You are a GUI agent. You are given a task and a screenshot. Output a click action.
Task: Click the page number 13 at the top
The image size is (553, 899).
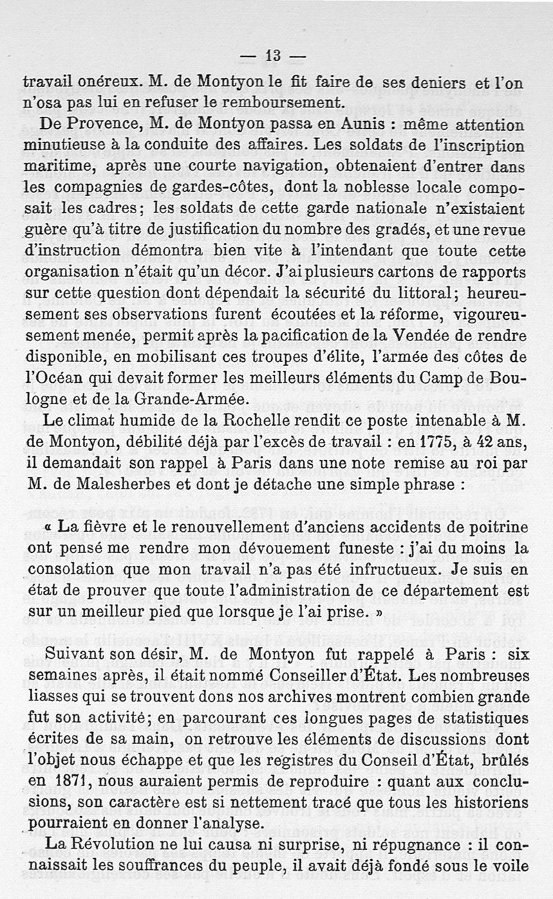click(274, 55)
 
